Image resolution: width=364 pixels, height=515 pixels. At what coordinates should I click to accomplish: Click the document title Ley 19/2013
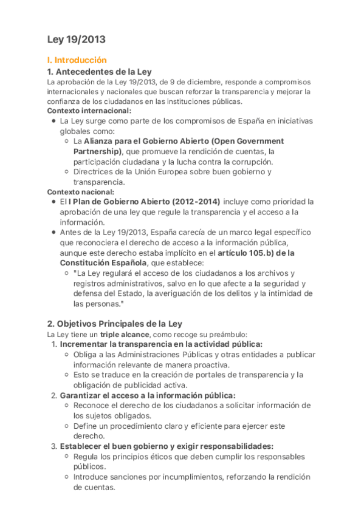(77, 40)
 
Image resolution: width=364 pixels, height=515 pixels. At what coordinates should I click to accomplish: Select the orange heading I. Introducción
(77, 60)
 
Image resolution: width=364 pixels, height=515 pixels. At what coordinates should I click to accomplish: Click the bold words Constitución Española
(103, 262)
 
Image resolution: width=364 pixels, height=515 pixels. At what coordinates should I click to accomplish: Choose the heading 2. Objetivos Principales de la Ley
(115, 323)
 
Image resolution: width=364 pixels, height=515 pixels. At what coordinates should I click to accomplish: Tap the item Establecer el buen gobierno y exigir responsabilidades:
(167, 446)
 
